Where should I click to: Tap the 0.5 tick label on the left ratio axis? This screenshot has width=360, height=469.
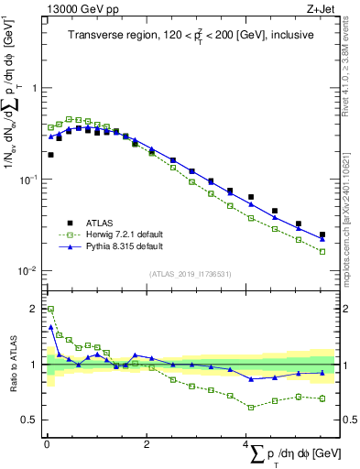click(x=29, y=420)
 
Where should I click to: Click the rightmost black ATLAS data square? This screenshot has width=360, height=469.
click(x=322, y=234)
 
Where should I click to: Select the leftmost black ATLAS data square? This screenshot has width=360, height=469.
click(x=50, y=155)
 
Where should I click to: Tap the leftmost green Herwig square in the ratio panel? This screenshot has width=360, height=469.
click(x=50, y=309)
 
